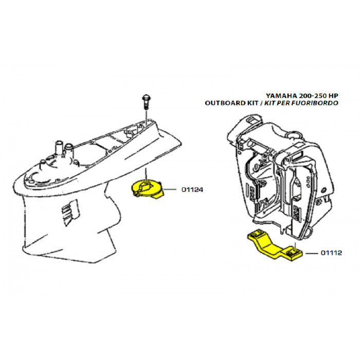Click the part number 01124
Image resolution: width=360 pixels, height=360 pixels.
click(x=193, y=190)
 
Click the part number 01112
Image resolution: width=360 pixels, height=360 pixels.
click(x=332, y=253)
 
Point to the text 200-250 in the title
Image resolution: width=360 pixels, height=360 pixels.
click(x=314, y=96)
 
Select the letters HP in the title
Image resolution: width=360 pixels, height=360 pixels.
click(x=333, y=96)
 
